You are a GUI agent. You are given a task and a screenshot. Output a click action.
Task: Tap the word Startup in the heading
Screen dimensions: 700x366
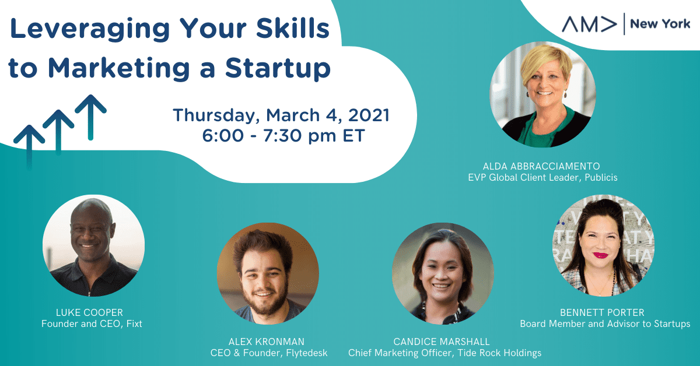278,68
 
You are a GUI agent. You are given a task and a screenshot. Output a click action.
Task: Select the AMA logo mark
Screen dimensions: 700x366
589,24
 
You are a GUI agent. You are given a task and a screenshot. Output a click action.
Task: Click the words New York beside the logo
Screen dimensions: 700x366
660,24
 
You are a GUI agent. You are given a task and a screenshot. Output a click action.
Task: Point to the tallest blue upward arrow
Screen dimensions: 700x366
90,117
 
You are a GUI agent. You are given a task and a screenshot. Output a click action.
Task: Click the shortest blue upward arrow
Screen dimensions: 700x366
29,147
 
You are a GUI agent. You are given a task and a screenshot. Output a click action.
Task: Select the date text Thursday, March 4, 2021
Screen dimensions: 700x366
281,115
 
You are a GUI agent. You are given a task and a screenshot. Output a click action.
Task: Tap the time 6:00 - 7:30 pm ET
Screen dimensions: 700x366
283,136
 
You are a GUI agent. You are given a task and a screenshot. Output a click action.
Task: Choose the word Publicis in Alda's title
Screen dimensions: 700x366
601,177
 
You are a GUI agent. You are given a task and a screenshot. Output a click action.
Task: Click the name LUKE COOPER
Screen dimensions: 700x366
89,312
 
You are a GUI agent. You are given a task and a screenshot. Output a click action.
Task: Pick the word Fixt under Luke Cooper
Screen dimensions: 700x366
134,323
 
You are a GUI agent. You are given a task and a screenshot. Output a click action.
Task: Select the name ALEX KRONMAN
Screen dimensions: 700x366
266,342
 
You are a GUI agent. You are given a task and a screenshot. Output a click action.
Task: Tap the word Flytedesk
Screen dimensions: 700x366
307,353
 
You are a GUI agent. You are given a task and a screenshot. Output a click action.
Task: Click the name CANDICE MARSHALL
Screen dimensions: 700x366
441,342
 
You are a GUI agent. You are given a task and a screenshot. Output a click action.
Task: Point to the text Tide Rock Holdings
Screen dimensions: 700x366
499,353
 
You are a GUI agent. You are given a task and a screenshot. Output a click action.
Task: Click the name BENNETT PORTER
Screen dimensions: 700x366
602,312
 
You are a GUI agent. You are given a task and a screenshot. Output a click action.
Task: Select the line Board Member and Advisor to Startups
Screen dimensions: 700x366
605,323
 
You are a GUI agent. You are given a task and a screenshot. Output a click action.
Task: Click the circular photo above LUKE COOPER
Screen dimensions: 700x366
93,246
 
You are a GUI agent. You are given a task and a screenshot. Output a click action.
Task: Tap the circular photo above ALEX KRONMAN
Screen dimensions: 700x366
268,273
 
